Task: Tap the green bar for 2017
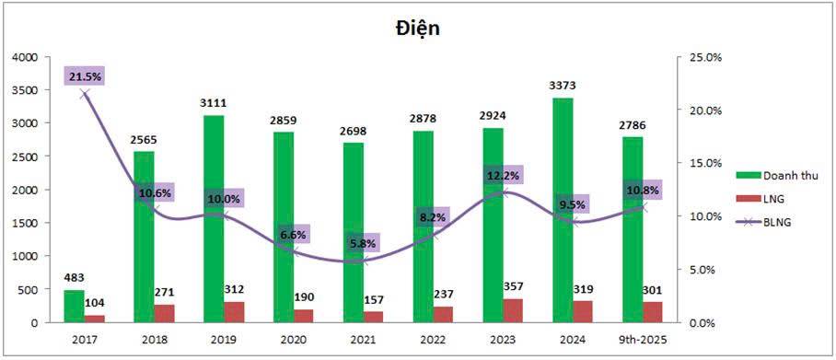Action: [74, 307]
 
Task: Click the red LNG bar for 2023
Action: [512, 311]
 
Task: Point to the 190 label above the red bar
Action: [303, 298]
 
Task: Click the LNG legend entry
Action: [761, 198]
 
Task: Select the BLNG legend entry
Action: [764, 222]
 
